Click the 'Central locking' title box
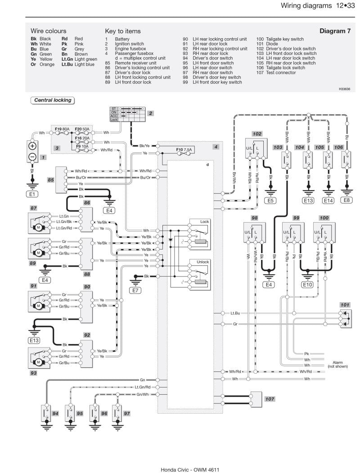click(x=53, y=100)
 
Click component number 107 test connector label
click(x=270, y=399)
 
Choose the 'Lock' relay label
click(x=205, y=222)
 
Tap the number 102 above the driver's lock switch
click(x=257, y=134)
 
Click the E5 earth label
click(x=270, y=201)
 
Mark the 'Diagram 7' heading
click(x=335, y=31)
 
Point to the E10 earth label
click(x=307, y=285)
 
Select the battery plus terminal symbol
click(x=33, y=146)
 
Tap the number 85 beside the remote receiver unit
click(x=51, y=179)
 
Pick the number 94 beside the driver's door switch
click(x=55, y=413)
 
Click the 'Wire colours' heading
click(x=48, y=31)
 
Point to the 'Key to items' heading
click(x=123, y=31)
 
